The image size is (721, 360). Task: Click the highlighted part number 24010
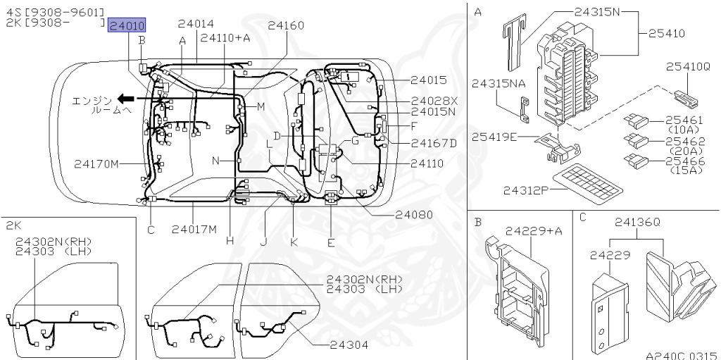point(127,26)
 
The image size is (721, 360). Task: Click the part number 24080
point(414,214)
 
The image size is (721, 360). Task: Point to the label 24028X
point(434,101)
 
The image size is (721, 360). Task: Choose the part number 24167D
point(434,143)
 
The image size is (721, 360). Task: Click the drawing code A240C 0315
point(681,355)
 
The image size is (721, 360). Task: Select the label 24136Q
point(637,223)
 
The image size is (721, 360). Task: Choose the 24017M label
point(194,228)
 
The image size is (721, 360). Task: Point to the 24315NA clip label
point(499,83)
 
